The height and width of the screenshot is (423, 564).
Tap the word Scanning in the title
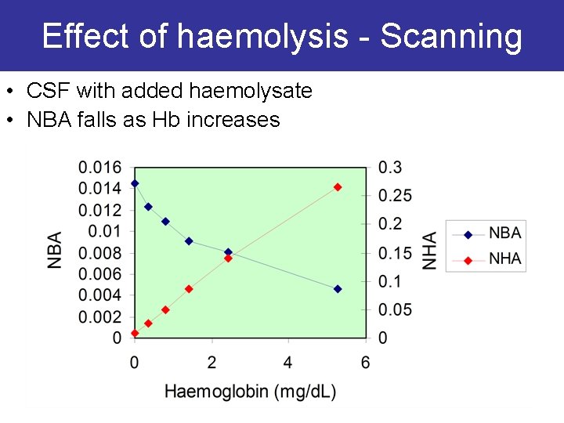click(x=451, y=37)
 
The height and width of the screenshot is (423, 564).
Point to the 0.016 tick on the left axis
click(x=99, y=167)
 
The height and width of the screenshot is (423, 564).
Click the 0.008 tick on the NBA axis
click(x=99, y=253)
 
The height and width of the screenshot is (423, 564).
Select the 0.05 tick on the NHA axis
click(x=395, y=310)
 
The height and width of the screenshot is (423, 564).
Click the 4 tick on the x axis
click(x=288, y=362)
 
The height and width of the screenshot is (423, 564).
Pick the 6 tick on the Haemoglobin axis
click(x=365, y=362)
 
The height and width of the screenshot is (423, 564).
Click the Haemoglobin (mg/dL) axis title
click(x=250, y=392)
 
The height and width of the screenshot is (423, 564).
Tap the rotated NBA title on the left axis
click(x=55, y=251)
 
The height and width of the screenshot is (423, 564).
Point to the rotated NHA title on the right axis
click(x=430, y=251)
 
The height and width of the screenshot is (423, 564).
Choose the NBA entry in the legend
click(x=504, y=233)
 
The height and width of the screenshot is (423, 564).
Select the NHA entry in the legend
click(x=504, y=258)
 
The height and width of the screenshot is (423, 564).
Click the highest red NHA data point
click(x=338, y=187)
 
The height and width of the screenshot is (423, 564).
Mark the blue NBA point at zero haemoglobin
click(x=135, y=183)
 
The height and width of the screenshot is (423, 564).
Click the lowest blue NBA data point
click(x=338, y=289)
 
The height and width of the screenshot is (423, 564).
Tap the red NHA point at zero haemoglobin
click(x=135, y=333)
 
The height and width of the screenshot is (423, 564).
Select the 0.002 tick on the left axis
click(x=99, y=317)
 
